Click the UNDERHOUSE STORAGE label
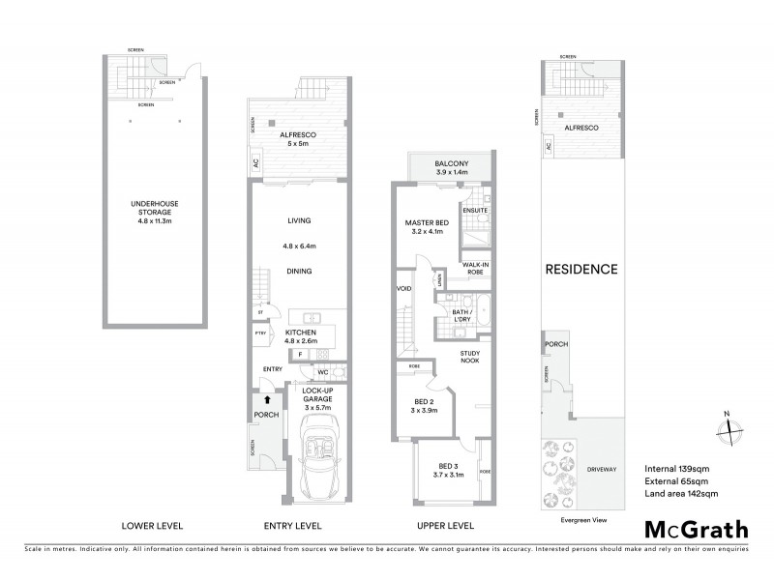(x=155, y=209)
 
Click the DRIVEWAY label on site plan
(x=601, y=469)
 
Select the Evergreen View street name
(x=581, y=519)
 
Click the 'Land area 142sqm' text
(x=681, y=494)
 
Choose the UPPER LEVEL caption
(x=445, y=526)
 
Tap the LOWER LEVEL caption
(x=152, y=526)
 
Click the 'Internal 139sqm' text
(x=677, y=468)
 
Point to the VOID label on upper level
(x=403, y=289)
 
